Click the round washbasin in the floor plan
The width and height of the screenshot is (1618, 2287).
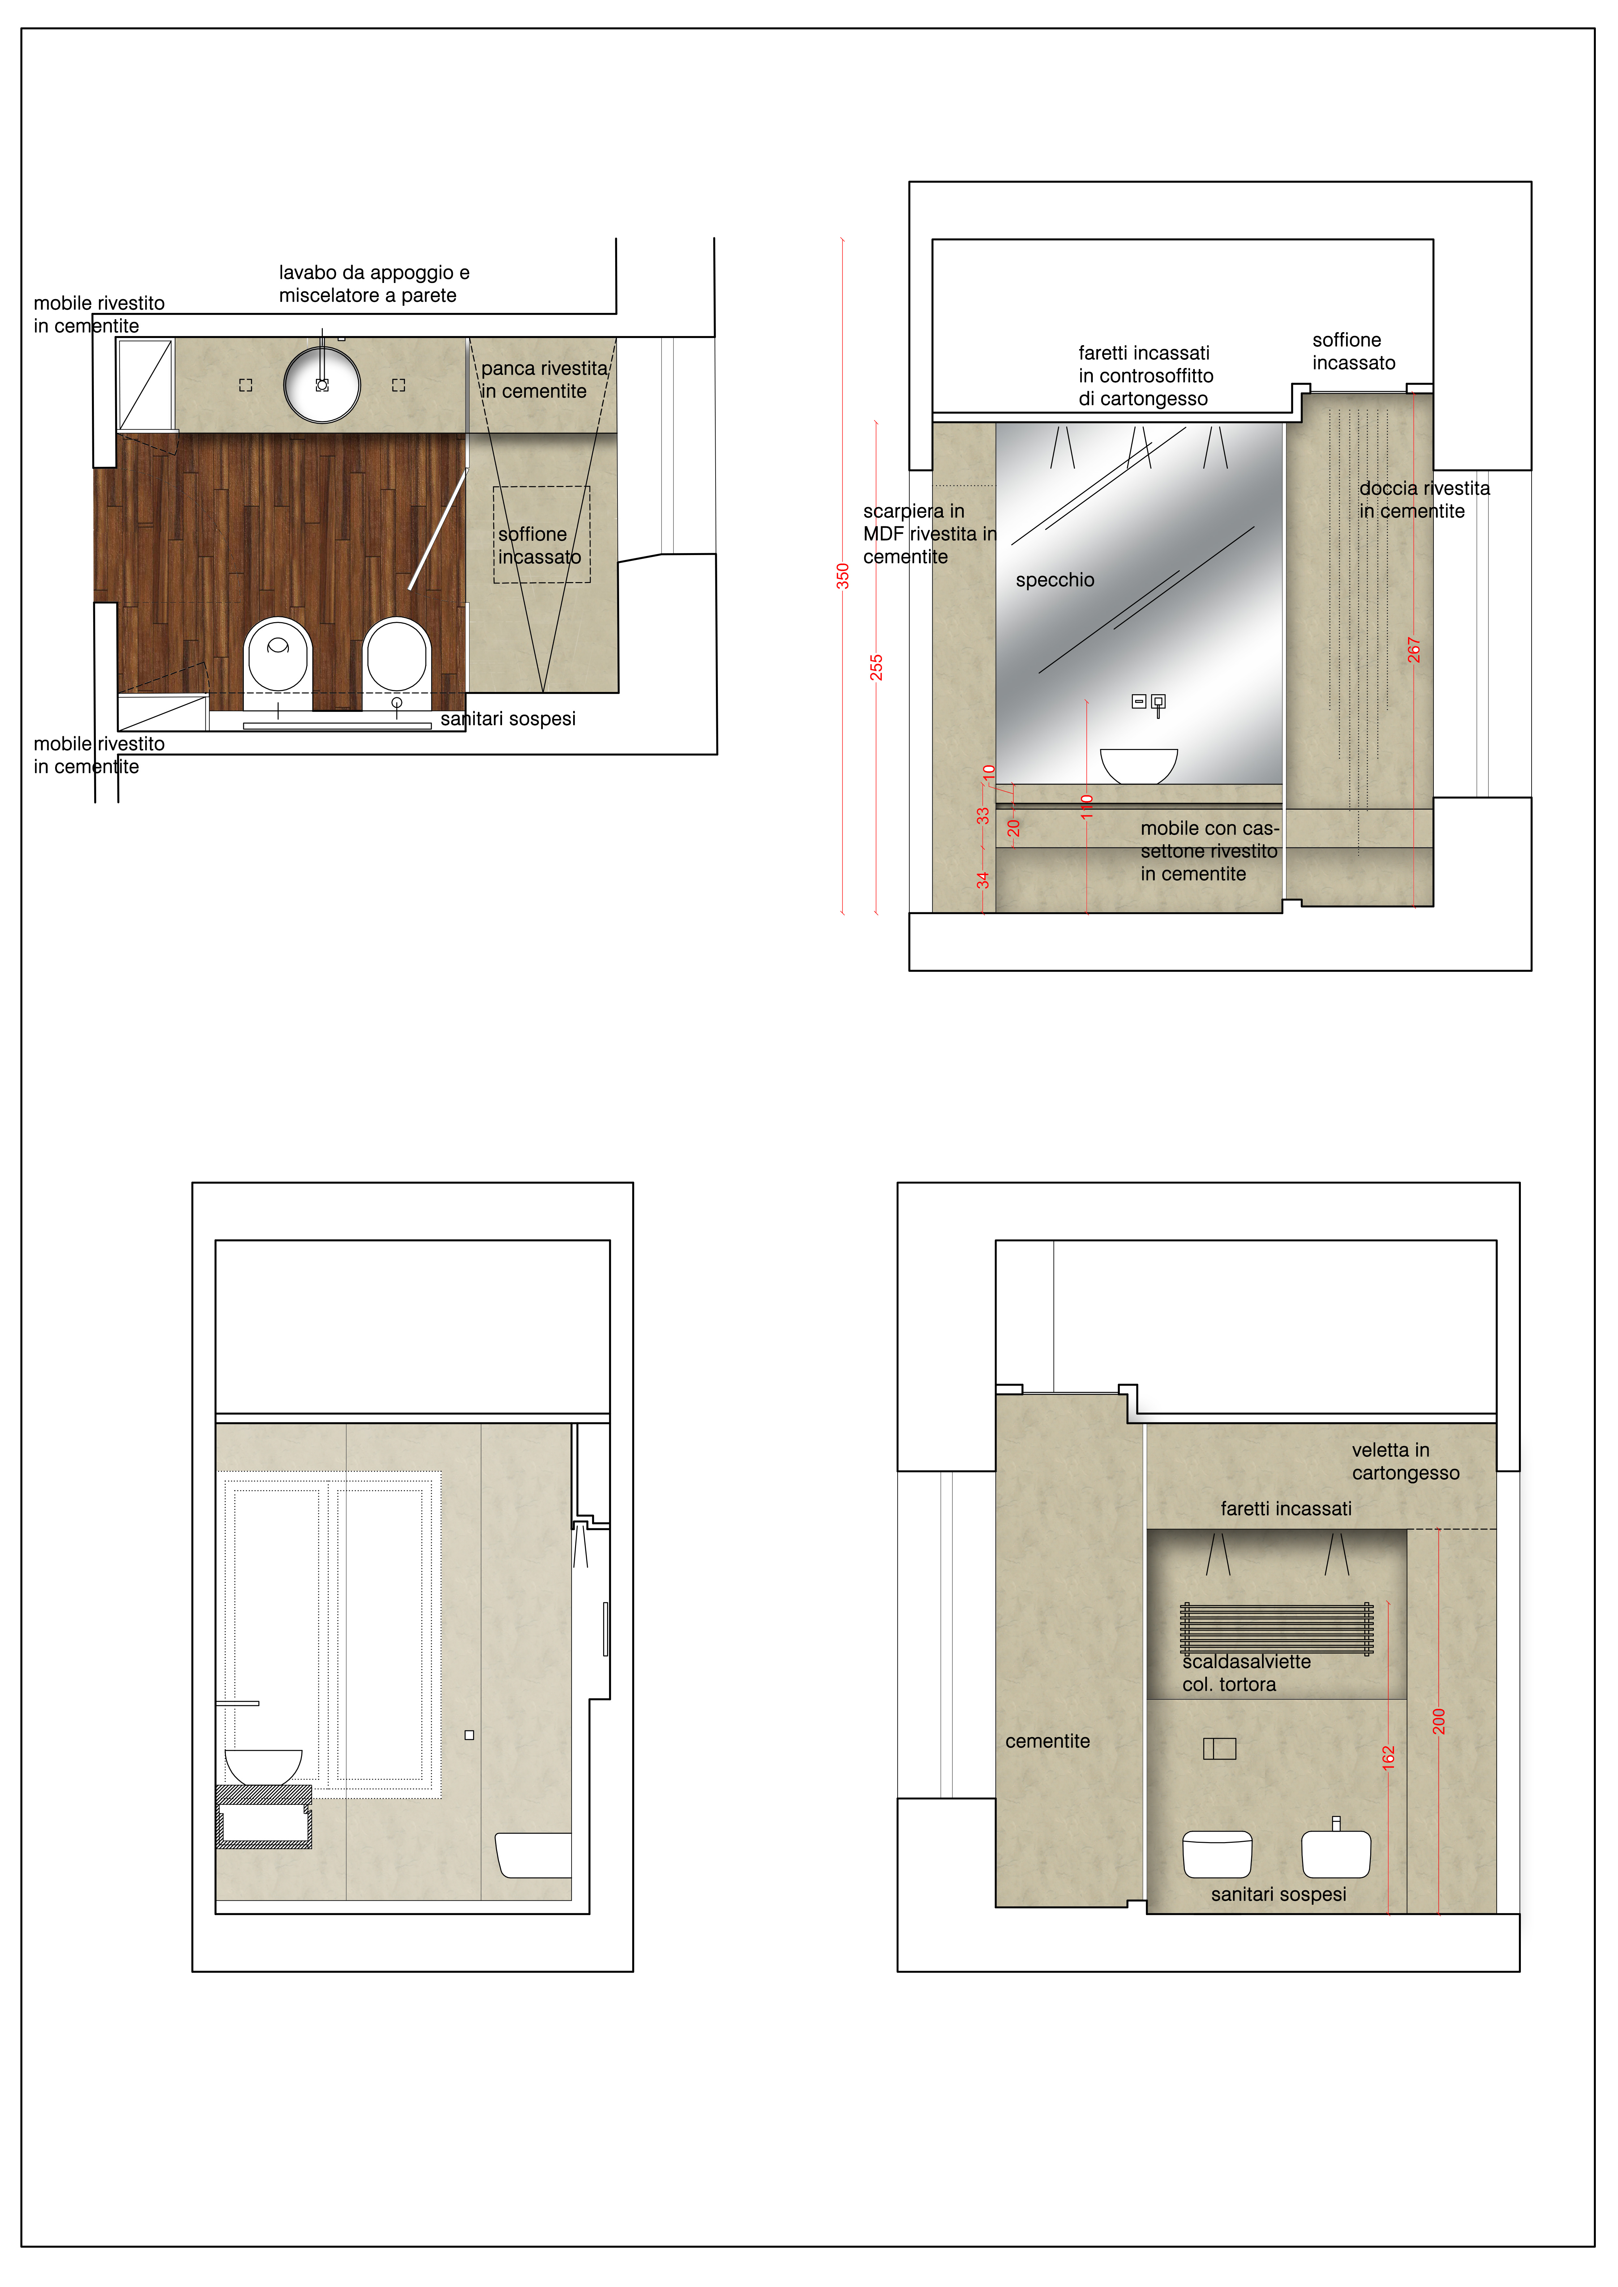click(322, 384)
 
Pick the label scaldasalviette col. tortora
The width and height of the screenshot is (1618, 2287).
click(1246, 1672)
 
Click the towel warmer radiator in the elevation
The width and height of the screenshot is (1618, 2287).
click(1276, 1628)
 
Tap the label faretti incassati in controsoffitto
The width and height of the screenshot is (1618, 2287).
click(1146, 375)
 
